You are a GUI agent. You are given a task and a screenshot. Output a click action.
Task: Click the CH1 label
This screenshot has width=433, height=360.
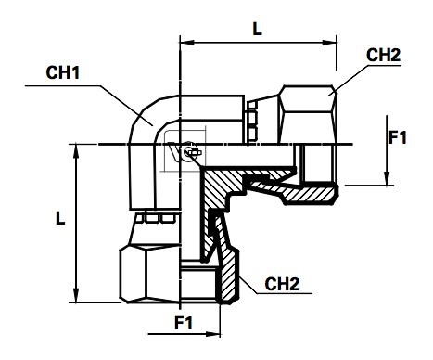click(63, 72)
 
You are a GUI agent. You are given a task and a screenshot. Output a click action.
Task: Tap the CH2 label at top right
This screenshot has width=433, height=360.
click(383, 55)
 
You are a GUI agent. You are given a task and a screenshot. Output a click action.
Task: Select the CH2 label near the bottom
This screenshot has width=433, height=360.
click(282, 284)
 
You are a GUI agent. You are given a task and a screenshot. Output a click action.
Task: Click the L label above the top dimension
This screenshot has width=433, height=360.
click(257, 29)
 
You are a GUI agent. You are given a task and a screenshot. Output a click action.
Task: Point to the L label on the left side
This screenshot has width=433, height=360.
click(60, 218)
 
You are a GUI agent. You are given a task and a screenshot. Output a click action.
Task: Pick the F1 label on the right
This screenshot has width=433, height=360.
click(398, 137)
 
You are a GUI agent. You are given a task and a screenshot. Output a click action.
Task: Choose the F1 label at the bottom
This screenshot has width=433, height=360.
click(184, 323)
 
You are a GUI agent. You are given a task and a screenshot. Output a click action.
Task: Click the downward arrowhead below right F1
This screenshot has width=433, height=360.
click(387, 179)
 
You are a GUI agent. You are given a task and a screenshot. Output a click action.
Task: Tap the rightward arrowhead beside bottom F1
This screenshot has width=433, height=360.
click(213, 334)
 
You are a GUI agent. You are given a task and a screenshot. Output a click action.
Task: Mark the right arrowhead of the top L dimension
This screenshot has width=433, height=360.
click(329, 43)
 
